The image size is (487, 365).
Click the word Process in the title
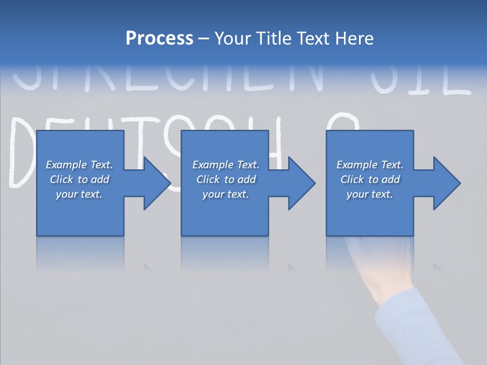pos(159,39)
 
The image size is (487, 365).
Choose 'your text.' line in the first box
pos(79,194)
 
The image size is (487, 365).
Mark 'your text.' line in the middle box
pos(225,194)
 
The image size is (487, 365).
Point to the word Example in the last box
pos(357,165)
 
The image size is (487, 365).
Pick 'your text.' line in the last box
pos(370,194)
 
